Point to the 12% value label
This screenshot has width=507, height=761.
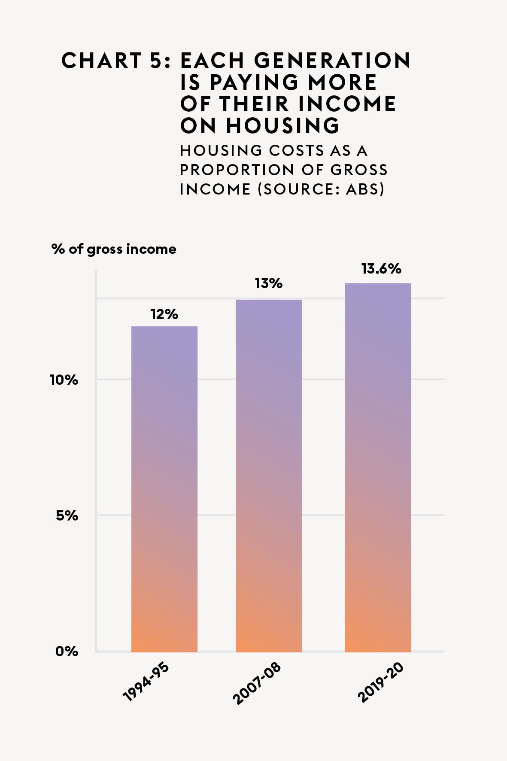pyautogui.click(x=164, y=314)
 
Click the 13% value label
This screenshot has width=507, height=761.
pyautogui.click(x=269, y=283)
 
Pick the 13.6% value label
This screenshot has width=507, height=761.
pyautogui.click(x=381, y=269)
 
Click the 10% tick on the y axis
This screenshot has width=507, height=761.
pyautogui.click(x=64, y=380)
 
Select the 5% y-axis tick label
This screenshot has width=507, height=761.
pyautogui.click(x=67, y=515)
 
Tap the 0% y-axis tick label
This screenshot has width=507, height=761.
pyautogui.click(x=67, y=651)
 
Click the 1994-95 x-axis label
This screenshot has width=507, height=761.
pyautogui.click(x=146, y=682)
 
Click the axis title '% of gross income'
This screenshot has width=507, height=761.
pyautogui.click(x=114, y=249)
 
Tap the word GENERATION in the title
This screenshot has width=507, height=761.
pyautogui.click(x=332, y=61)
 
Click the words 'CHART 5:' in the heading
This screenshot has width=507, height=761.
pyautogui.click(x=116, y=61)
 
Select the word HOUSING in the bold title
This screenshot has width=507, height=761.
pyautogui.click(x=283, y=126)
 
